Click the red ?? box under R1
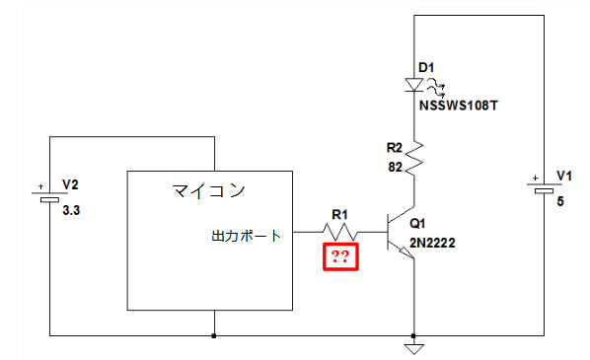[340, 256]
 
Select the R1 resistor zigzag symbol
[339, 232]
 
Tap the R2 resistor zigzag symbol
[414, 158]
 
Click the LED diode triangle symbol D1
[414, 85]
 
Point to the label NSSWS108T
[459, 106]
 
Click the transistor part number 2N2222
[432, 243]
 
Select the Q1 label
[417, 224]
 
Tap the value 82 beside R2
[395, 167]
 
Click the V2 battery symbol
[49, 196]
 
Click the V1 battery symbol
[544, 187]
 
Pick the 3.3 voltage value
[71, 210]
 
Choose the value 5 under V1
[560, 201]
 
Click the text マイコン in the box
[209, 190]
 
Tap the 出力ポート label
[246, 236]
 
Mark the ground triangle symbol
[414, 349]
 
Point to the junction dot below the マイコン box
[214, 335]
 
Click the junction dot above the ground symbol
[414, 335]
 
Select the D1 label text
[426, 68]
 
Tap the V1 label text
[564, 176]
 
